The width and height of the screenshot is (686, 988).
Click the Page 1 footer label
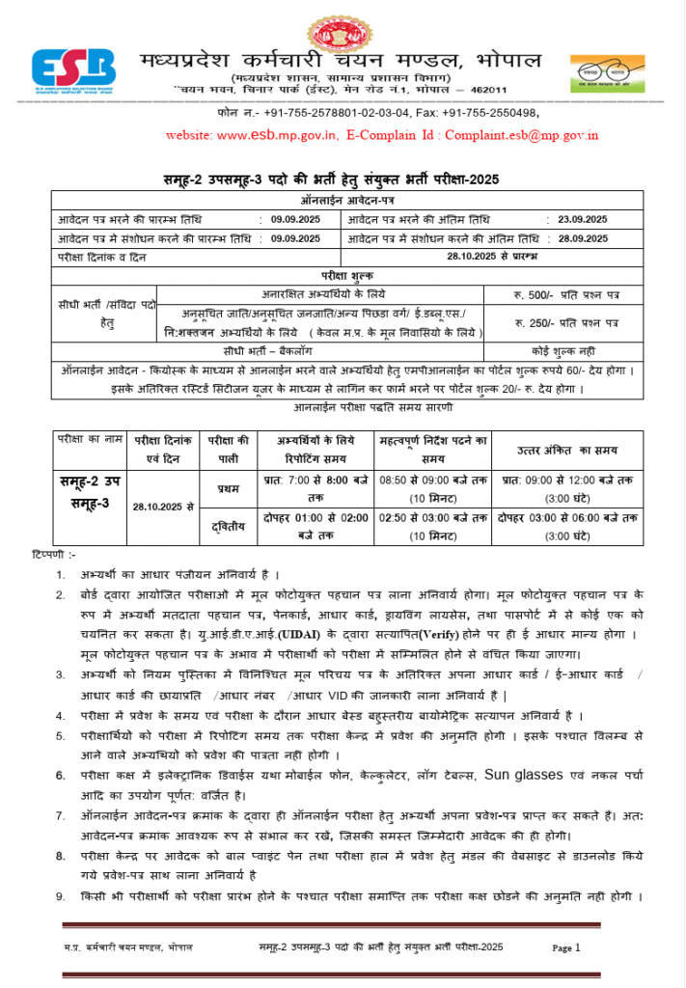(566, 947)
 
